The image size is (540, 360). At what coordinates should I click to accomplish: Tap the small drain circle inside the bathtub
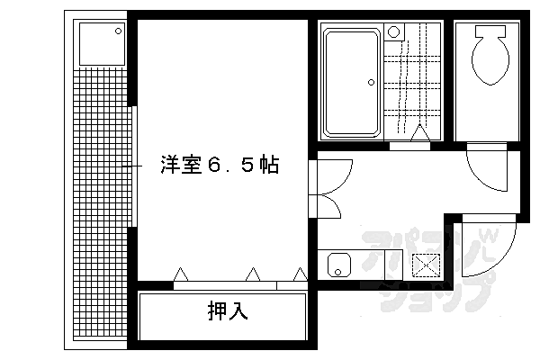pyautogui.click(x=371, y=82)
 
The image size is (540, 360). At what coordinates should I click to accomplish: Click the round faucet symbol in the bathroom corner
pyautogui.click(x=392, y=31)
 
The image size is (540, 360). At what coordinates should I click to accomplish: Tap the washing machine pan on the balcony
pyautogui.click(x=100, y=43)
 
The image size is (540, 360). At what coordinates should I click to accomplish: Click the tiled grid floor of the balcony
pyautogui.click(x=98, y=207)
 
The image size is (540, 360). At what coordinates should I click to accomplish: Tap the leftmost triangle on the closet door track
pyautogui.click(x=180, y=273)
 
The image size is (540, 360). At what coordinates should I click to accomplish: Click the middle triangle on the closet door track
pyautogui.click(x=253, y=273)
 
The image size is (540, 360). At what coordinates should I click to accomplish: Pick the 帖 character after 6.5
pyautogui.click(x=268, y=166)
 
